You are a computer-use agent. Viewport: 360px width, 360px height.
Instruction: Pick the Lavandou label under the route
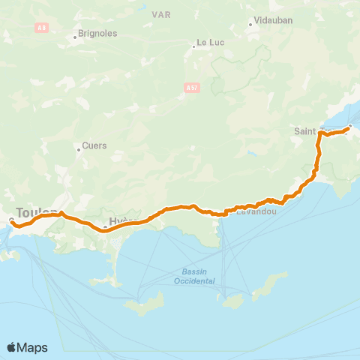click(257, 213)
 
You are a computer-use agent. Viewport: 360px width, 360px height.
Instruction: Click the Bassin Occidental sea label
click(198, 276)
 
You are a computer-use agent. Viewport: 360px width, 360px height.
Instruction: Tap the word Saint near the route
click(305, 131)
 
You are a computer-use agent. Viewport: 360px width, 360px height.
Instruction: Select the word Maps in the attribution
click(33, 347)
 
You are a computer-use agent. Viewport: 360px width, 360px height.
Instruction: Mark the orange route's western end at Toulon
click(11, 220)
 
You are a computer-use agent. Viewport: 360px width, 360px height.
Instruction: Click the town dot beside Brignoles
click(77, 35)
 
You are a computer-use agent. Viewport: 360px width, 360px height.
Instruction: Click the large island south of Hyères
click(145, 304)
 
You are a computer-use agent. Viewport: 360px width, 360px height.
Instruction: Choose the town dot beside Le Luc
click(193, 46)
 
